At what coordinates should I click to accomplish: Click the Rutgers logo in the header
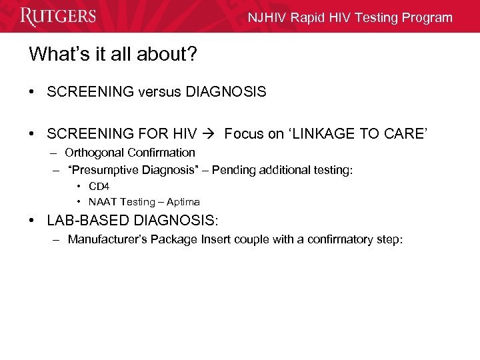click(58, 16)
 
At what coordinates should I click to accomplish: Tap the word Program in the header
click(427, 18)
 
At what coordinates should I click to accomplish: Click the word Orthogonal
click(93, 153)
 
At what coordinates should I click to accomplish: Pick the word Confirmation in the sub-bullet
click(161, 153)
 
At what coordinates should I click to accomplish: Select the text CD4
click(99, 187)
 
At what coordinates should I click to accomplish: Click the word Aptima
click(183, 202)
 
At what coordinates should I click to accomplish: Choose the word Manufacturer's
click(107, 239)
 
